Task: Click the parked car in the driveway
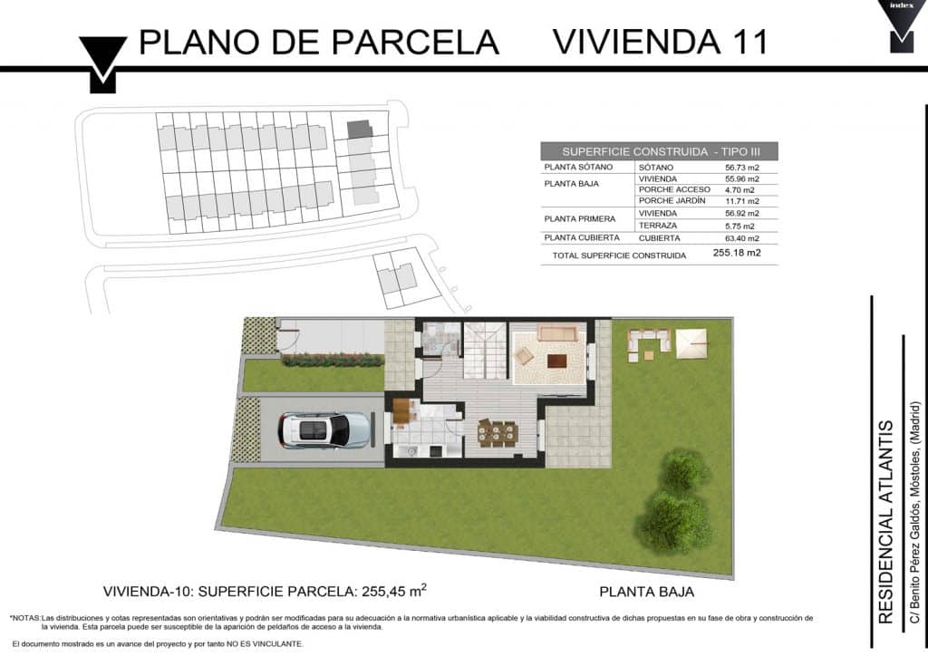(324, 430)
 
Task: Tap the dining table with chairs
(498, 433)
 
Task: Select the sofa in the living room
(557, 333)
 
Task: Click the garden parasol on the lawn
(691, 343)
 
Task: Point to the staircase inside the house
(485, 350)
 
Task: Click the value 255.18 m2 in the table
(737, 253)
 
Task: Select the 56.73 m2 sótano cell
(741, 168)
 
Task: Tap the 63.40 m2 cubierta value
(741, 238)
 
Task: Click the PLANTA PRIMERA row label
(579, 219)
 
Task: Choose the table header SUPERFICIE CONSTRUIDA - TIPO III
(661, 151)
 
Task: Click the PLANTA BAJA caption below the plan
(646, 592)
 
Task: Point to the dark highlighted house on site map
(359, 129)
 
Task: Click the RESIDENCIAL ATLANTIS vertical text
(885, 522)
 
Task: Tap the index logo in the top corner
(902, 24)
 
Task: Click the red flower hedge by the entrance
(332, 360)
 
